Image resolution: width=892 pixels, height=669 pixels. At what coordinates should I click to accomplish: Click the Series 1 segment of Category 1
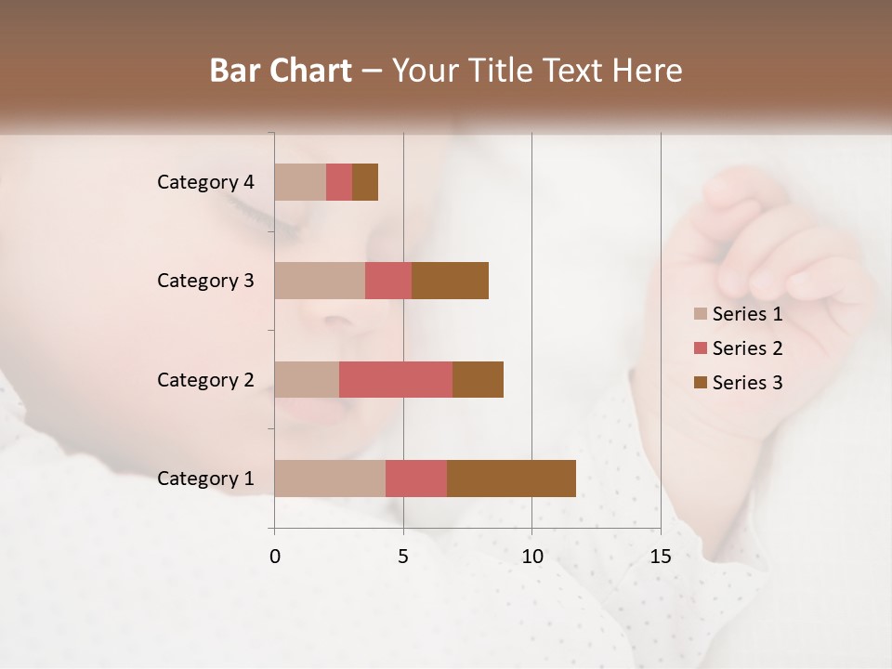330,478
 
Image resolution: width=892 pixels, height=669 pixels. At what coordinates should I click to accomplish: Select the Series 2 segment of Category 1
416,478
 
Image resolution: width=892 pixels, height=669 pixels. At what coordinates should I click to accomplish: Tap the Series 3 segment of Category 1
511,478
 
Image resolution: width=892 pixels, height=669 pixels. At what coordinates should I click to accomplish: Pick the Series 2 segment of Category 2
396,379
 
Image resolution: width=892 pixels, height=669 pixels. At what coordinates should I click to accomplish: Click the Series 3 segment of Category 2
478,379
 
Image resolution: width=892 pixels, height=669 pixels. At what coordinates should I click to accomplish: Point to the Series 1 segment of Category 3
320,280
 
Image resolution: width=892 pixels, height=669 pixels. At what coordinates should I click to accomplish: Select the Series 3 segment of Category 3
450,280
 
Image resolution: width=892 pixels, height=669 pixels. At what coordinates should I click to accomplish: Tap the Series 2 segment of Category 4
339,181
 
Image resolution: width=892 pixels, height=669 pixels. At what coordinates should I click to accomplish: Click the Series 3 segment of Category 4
365,181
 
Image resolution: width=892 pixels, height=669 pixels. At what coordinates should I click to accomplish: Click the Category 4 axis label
205,182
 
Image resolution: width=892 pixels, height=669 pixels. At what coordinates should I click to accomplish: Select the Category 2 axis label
205,380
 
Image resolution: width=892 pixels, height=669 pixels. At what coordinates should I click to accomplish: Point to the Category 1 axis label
205,479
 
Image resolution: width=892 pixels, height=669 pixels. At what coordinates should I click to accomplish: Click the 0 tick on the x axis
275,557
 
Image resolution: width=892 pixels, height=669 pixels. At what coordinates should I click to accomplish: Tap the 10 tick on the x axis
531,557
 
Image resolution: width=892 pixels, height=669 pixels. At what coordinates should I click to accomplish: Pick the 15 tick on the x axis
660,557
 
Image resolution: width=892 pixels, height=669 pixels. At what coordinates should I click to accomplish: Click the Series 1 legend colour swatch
700,314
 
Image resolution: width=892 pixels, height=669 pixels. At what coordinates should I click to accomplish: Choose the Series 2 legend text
747,348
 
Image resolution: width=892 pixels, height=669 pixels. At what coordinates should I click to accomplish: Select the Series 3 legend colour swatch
700,383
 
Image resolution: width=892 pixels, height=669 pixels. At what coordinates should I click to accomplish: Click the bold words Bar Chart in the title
281,71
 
